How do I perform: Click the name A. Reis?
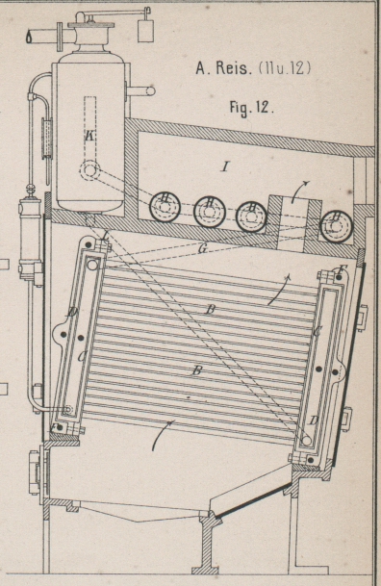click(223, 68)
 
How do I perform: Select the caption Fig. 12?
click(252, 108)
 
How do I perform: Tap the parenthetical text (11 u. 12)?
click(284, 68)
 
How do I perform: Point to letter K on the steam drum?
click(89, 136)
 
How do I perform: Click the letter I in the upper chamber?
click(224, 166)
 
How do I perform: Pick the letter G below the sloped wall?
click(203, 248)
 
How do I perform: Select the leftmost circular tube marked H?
click(165, 207)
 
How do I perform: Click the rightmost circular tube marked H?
click(338, 226)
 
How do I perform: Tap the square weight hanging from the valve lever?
click(145, 31)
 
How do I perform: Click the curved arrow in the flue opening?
click(301, 191)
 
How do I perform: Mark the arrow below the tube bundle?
click(163, 435)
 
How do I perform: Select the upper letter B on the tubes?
click(211, 310)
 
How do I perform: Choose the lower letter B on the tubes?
click(197, 370)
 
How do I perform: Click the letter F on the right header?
click(342, 268)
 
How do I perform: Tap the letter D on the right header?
click(314, 420)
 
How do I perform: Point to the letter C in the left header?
click(82, 357)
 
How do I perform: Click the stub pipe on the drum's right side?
click(141, 90)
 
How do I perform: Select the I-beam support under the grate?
click(205, 543)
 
